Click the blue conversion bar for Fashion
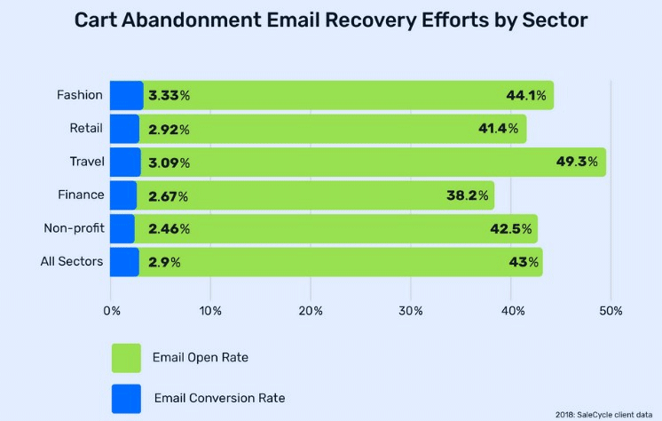[x=127, y=95]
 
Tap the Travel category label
[x=87, y=162]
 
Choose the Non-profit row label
[x=74, y=228]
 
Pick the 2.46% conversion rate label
[x=169, y=229]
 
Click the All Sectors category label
[x=73, y=261]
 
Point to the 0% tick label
[x=111, y=311]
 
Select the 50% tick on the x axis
[x=611, y=311]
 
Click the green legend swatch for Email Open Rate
[x=126, y=357]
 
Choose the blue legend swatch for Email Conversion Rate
[x=126, y=398]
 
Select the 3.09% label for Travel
[x=169, y=163]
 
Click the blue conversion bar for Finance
[x=124, y=195]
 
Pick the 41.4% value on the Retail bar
[x=498, y=129]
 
